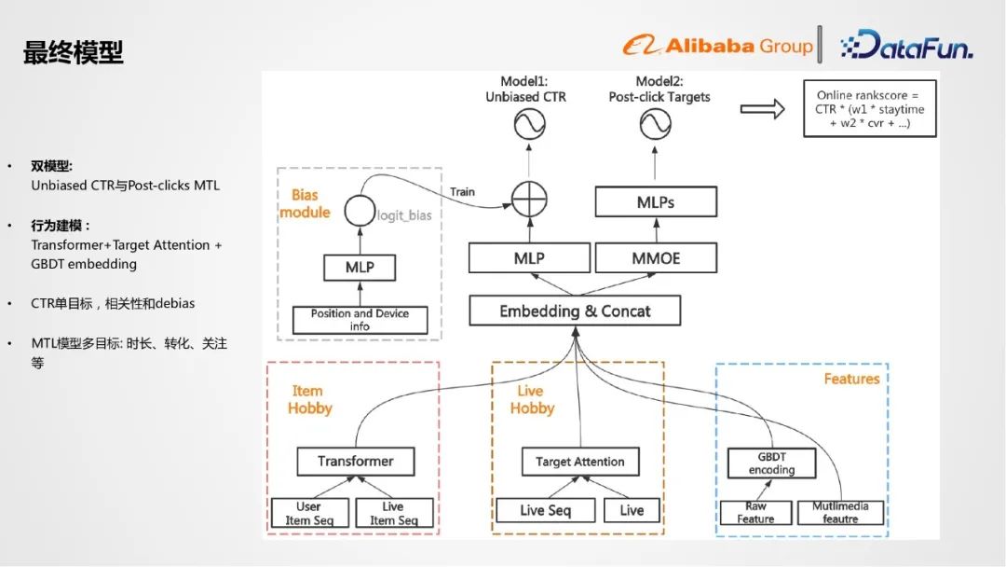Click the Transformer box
(x=355, y=461)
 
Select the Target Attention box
(x=579, y=462)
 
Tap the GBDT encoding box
(x=771, y=463)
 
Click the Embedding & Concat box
(x=575, y=311)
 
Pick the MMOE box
(x=655, y=258)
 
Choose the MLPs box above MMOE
(x=656, y=201)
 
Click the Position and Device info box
(x=360, y=320)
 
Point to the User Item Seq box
(x=308, y=513)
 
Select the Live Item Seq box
(x=393, y=513)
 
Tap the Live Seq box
(x=545, y=510)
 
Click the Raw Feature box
(x=755, y=512)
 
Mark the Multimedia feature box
(x=839, y=512)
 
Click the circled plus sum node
(x=529, y=198)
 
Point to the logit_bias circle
(x=359, y=211)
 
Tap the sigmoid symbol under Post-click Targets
(x=655, y=124)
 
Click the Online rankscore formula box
(x=869, y=109)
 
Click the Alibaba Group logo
(x=717, y=45)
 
